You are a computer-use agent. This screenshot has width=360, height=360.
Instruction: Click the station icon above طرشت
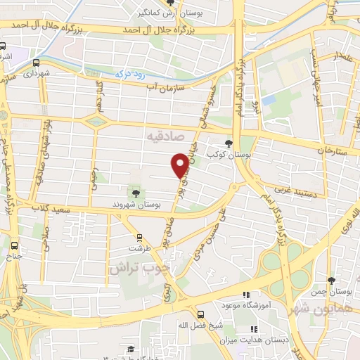[139, 237]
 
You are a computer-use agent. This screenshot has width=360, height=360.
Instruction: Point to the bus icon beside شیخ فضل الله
[201, 314]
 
